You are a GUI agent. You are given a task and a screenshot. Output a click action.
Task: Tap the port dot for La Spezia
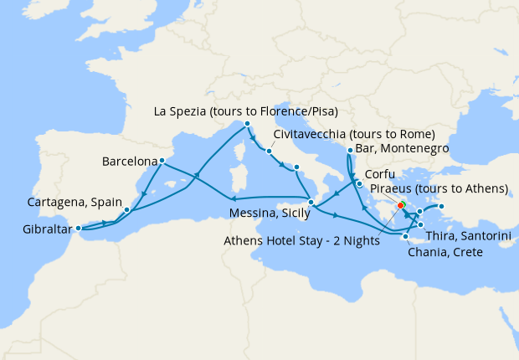click(x=248, y=125)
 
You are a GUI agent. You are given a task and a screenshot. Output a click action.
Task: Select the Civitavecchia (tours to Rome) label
click(x=354, y=134)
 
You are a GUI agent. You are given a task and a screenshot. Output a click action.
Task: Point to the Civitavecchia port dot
click(x=269, y=152)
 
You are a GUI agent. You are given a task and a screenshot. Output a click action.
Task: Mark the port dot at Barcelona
click(x=161, y=162)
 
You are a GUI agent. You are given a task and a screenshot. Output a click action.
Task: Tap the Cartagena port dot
click(x=126, y=209)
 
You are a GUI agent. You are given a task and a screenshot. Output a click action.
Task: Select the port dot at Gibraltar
click(x=78, y=228)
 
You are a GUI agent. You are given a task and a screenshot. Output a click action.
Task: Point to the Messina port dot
click(x=311, y=202)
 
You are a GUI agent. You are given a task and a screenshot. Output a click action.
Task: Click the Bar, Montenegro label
click(x=403, y=148)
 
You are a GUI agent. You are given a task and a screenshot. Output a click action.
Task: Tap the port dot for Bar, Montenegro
click(x=348, y=150)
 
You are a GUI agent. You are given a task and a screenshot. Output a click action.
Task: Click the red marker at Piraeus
click(x=401, y=205)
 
